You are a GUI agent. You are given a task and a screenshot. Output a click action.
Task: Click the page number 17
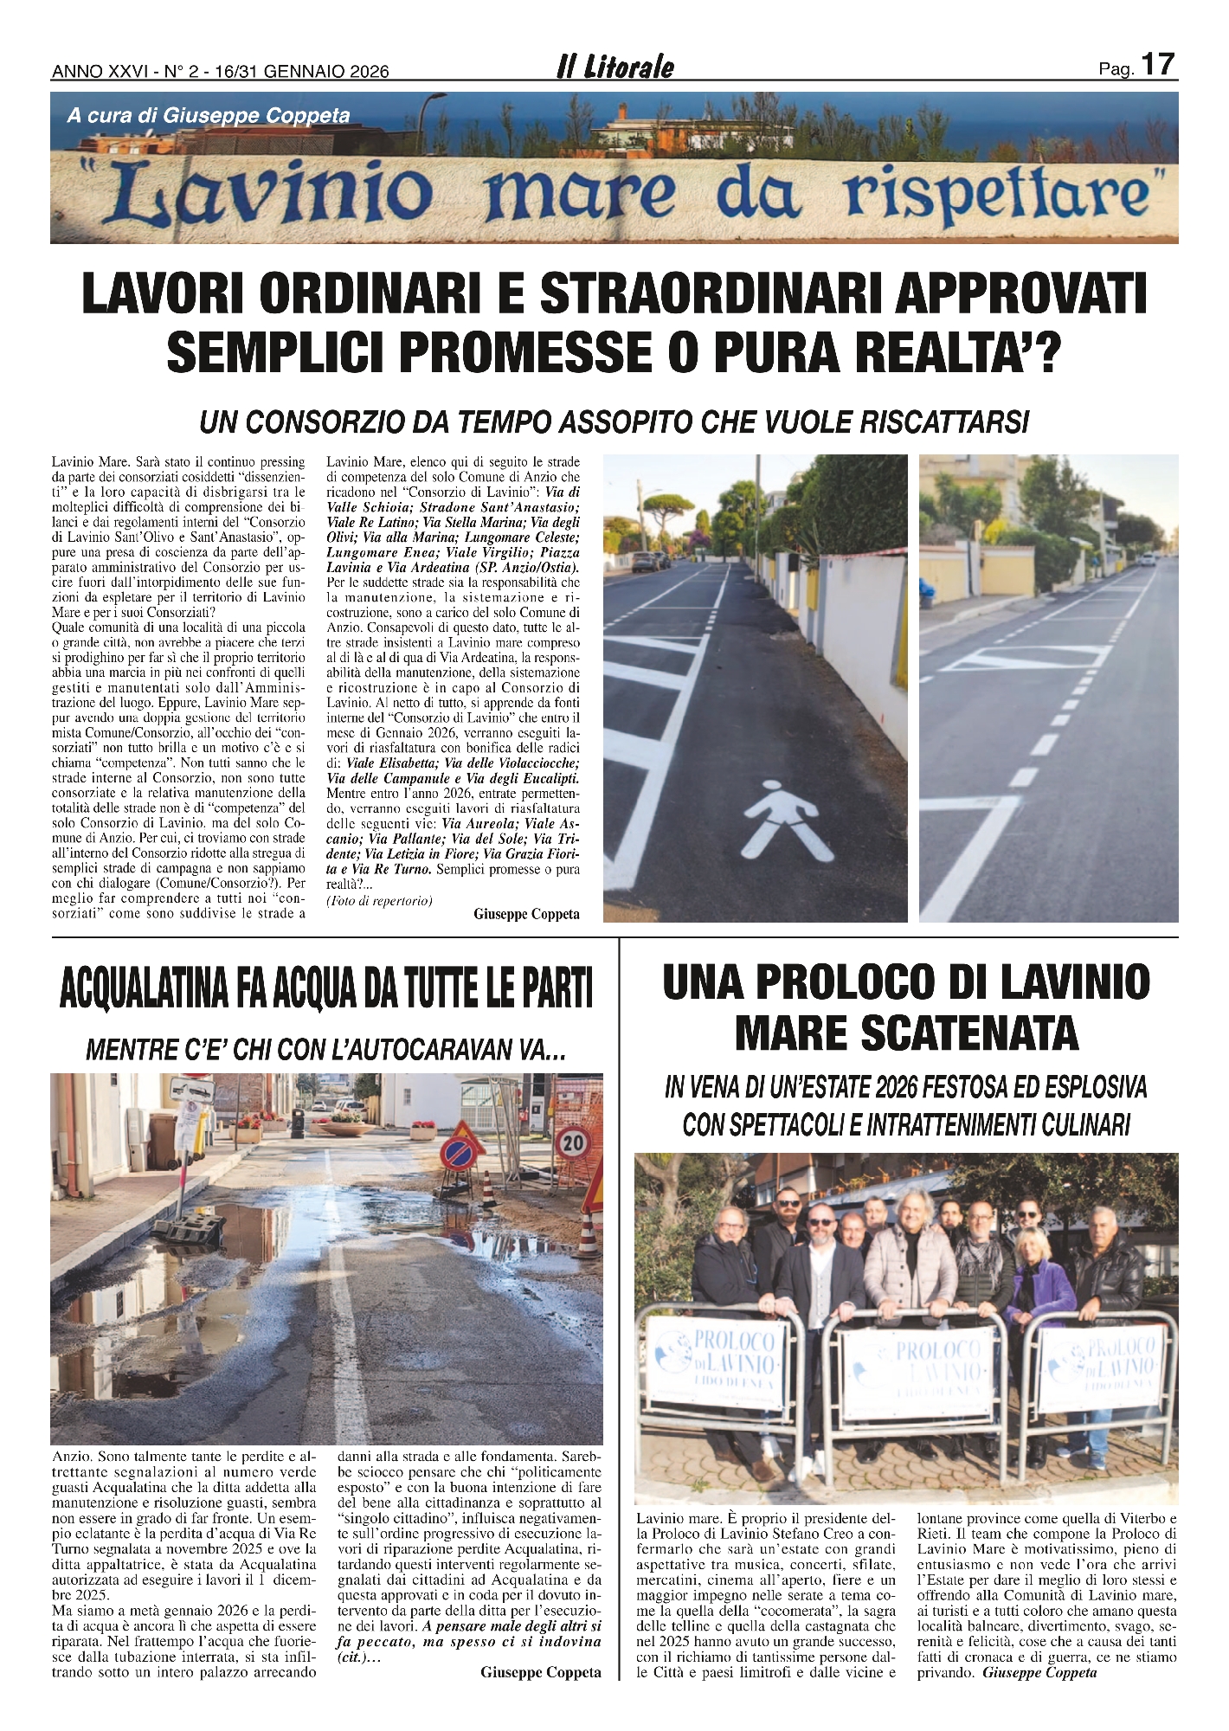point(1158,64)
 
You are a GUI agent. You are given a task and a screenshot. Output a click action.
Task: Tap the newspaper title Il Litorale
point(614,68)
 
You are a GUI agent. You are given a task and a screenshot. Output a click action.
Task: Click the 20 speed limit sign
point(573,1143)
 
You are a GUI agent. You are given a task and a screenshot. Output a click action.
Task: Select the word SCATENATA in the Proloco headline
point(907,1033)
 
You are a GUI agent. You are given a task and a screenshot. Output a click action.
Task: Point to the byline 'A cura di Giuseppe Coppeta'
point(209,116)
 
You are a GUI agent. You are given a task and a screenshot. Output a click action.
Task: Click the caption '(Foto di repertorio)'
point(379,900)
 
